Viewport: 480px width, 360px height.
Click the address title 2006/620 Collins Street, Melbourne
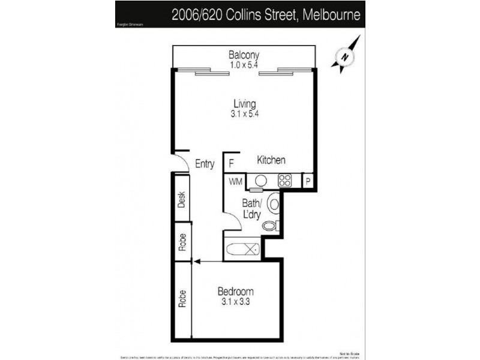[266, 14]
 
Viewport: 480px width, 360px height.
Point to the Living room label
[244, 104]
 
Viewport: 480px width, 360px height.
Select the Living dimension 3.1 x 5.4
[244, 113]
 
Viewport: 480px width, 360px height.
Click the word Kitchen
[271, 160]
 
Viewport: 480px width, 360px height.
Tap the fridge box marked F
[232, 162]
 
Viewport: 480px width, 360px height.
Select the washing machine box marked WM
[234, 181]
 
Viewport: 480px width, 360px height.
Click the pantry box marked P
[307, 181]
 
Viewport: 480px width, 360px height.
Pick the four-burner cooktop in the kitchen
[284, 180]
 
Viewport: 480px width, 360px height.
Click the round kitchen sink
[261, 180]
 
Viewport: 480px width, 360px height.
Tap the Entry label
[205, 164]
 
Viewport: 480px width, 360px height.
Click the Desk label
[182, 199]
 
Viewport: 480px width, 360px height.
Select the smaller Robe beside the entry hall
[182, 241]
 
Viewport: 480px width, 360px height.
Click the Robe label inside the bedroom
[182, 299]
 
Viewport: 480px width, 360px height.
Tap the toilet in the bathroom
[271, 226]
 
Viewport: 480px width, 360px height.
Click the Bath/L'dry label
[251, 208]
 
